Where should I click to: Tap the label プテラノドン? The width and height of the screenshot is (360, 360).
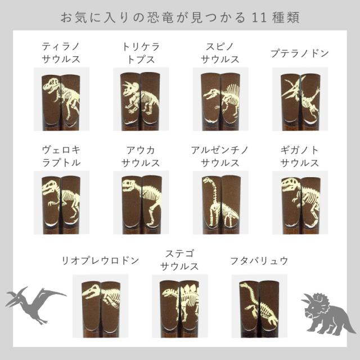[x=300, y=53]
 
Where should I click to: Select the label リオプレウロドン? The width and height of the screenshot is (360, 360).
[x=100, y=260]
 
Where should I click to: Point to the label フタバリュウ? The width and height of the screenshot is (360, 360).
[x=259, y=261]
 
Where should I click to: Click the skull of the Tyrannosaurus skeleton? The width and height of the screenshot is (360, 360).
[x=51, y=84]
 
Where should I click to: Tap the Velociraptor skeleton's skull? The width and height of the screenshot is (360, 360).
[x=51, y=187]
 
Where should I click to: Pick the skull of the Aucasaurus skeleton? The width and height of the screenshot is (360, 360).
[x=131, y=186]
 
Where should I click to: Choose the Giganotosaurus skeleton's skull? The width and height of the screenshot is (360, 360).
[x=290, y=185]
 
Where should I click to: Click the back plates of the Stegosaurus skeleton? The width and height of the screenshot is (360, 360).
[x=190, y=290]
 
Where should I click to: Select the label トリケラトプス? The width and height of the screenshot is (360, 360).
[x=141, y=53]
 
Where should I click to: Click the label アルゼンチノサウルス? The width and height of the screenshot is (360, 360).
[x=220, y=157]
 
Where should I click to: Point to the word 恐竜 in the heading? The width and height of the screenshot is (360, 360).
[x=160, y=17]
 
